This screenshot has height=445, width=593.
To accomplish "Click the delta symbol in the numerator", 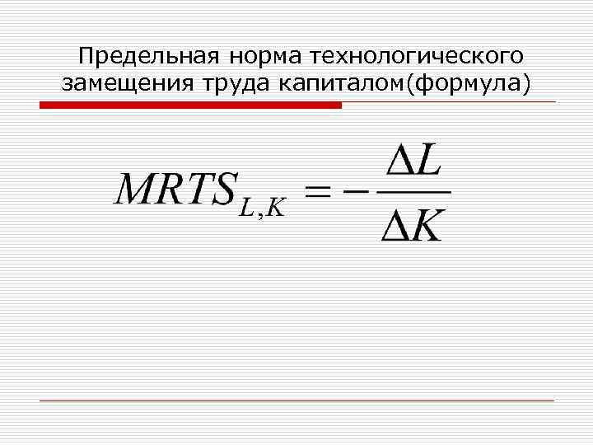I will coord(398,162).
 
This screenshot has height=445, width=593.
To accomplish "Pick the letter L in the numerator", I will coord(429,162).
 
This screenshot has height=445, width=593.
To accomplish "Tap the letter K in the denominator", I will coord(428,226).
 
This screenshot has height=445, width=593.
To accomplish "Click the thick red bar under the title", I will coord(190,105).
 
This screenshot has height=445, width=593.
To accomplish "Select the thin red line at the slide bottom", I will coord(296,400).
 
